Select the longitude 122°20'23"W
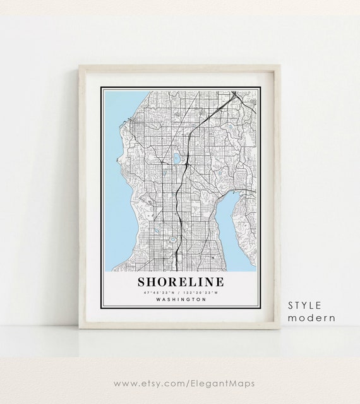201,293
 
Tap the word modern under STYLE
311,318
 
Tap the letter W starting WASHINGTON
155,300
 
